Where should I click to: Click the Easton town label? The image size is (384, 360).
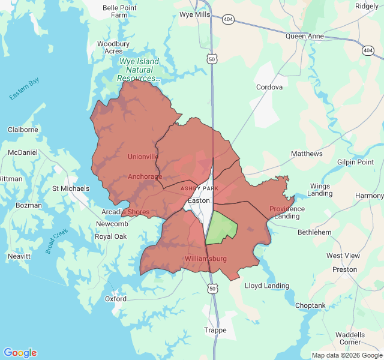[199, 200]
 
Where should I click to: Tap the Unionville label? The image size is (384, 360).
[143, 157]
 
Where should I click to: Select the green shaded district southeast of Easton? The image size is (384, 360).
[221, 228]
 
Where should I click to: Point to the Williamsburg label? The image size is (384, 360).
[206, 259]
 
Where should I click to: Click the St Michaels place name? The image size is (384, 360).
[71, 188]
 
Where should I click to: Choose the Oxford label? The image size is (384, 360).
[116, 299]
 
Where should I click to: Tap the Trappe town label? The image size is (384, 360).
[215, 330]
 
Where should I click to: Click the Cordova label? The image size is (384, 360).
[269, 87]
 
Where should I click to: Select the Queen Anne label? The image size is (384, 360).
[305, 36]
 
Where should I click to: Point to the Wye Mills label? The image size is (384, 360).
[195, 13]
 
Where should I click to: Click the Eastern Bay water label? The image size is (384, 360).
[24, 89]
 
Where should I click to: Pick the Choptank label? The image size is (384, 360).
[310, 305]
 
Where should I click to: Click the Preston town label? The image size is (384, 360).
[344, 269]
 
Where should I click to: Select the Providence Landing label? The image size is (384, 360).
[287, 212]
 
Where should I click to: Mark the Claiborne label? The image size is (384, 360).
[23, 130]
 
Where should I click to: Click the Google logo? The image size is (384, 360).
[20, 353]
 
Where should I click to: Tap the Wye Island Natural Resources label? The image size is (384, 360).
[139, 70]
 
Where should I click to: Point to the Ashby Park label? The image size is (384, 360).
[200, 188]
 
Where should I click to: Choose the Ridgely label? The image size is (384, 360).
[367, 6]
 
